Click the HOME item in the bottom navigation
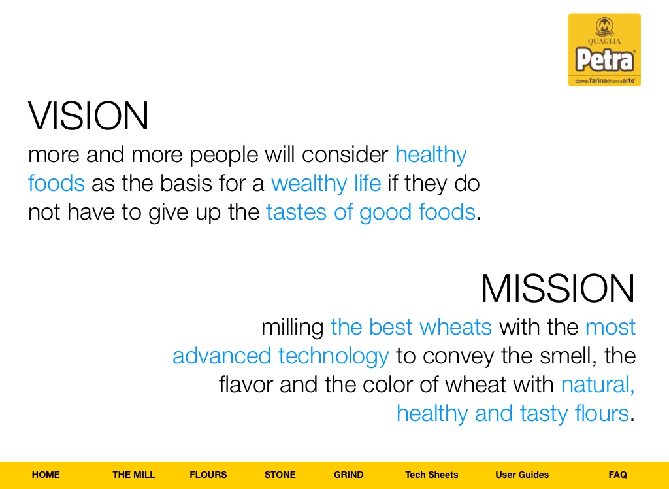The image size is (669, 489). pos(46,475)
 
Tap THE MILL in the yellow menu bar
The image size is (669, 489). pos(134,475)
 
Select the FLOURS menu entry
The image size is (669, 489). pos(208,475)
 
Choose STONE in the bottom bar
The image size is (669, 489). pos(280,475)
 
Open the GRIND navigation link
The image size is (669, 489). pos(349,475)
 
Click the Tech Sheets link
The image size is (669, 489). pos(432,475)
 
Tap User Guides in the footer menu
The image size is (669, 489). pos(522,475)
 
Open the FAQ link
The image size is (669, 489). pos(618,475)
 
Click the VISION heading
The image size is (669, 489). pos(89,116)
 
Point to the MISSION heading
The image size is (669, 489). pos(558,288)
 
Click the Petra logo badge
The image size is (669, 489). pos(604,50)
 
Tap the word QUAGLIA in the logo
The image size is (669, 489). pos(604,41)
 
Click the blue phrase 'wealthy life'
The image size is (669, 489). pos(326,184)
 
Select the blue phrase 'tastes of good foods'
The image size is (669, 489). pos(370,212)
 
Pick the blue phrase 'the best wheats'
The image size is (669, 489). pos(411,327)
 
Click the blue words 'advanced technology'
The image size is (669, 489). pos(280,356)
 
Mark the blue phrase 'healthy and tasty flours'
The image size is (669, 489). pos(513,414)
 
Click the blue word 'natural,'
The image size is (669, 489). pos(598,385)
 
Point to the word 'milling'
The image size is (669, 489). pos(293,328)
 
